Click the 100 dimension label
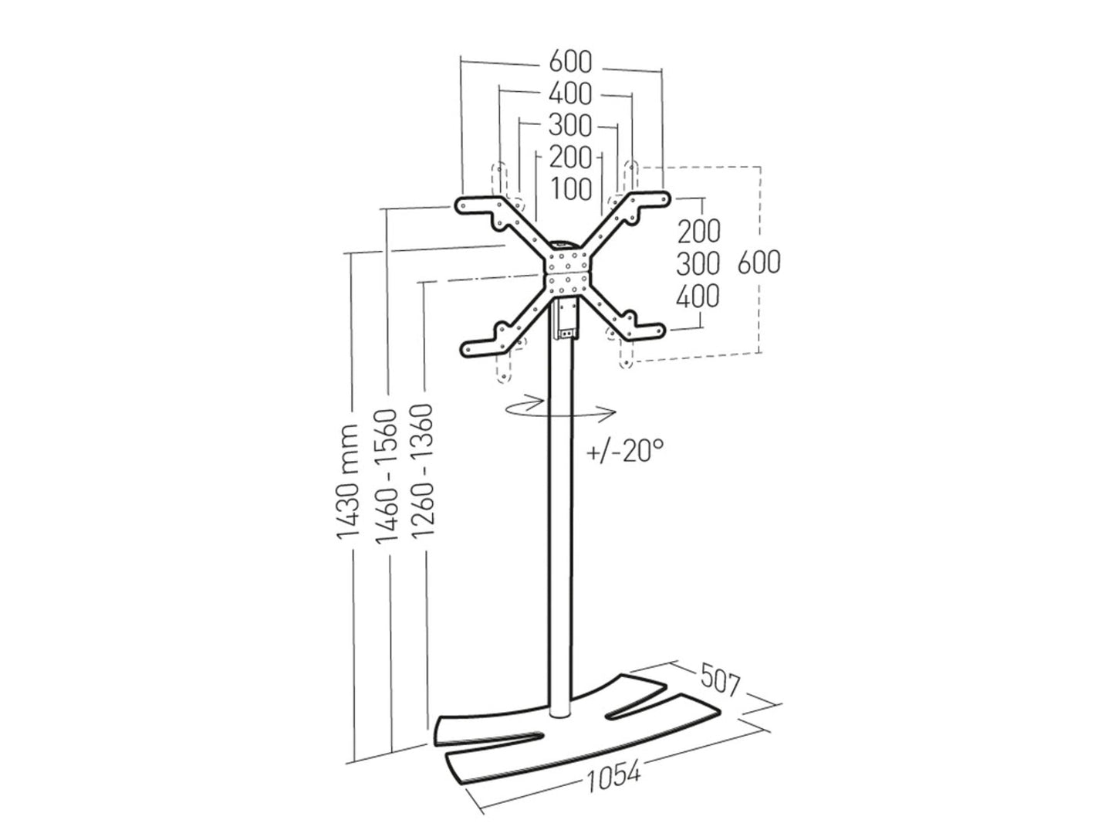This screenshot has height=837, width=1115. click(x=572, y=189)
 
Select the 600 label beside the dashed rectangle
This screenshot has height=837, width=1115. click(x=759, y=262)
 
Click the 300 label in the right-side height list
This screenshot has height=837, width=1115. click(x=698, y=263)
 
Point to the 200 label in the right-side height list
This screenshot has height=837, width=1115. click(x=698, y=230)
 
